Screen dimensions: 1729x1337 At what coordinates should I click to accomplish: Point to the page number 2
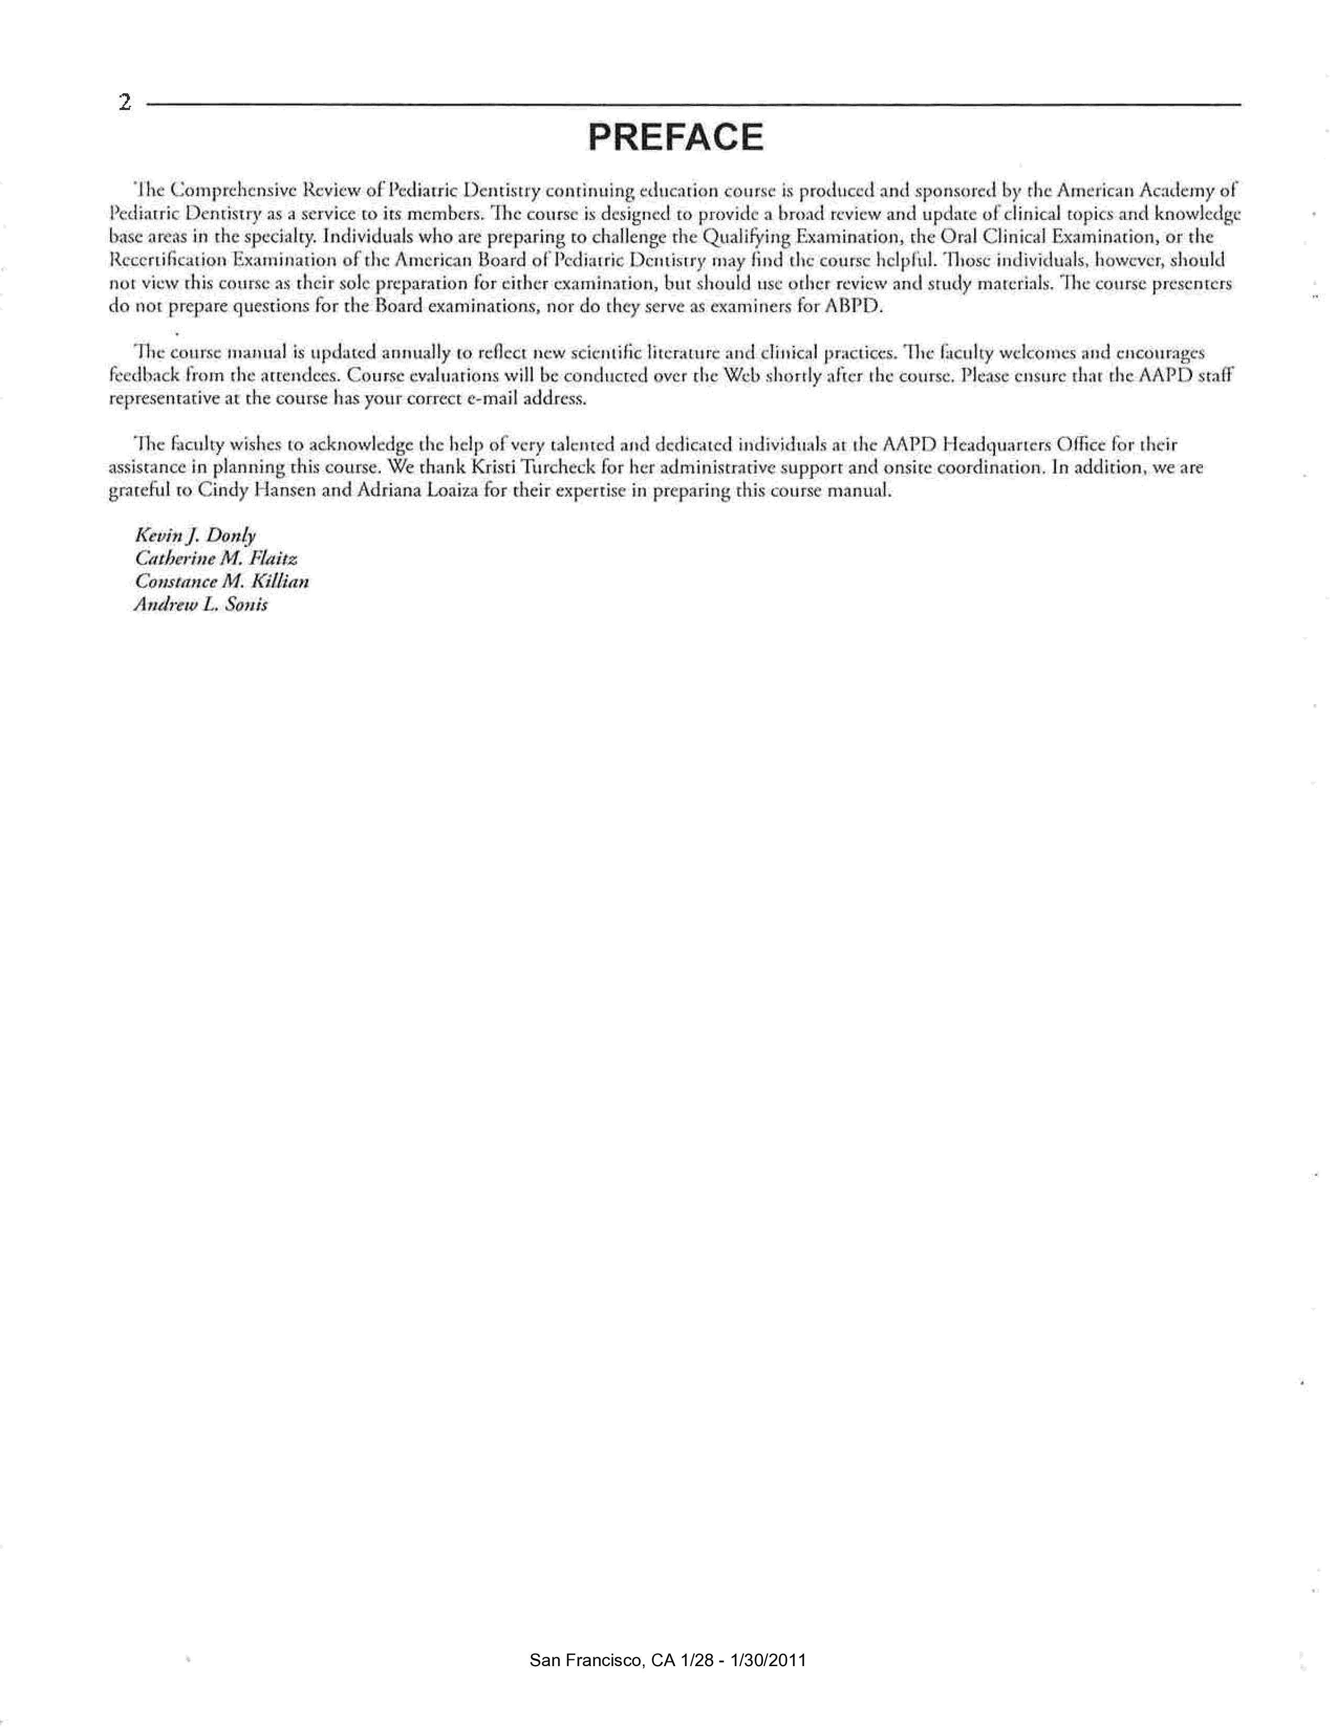coord(124,103)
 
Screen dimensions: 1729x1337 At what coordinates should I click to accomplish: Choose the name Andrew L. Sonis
coord(201,604)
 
